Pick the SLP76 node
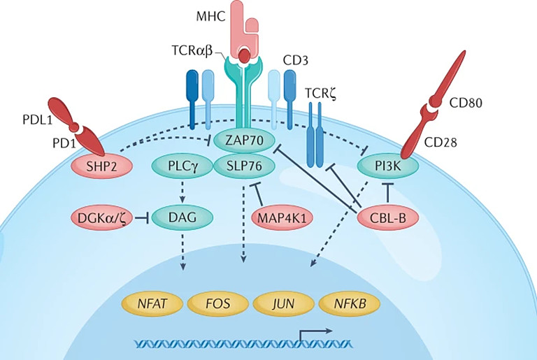pos(243,166)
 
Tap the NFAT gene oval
pos(152,305)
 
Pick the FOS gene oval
pos(217,305)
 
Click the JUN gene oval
pos(283,305)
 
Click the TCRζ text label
pos(323,94)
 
